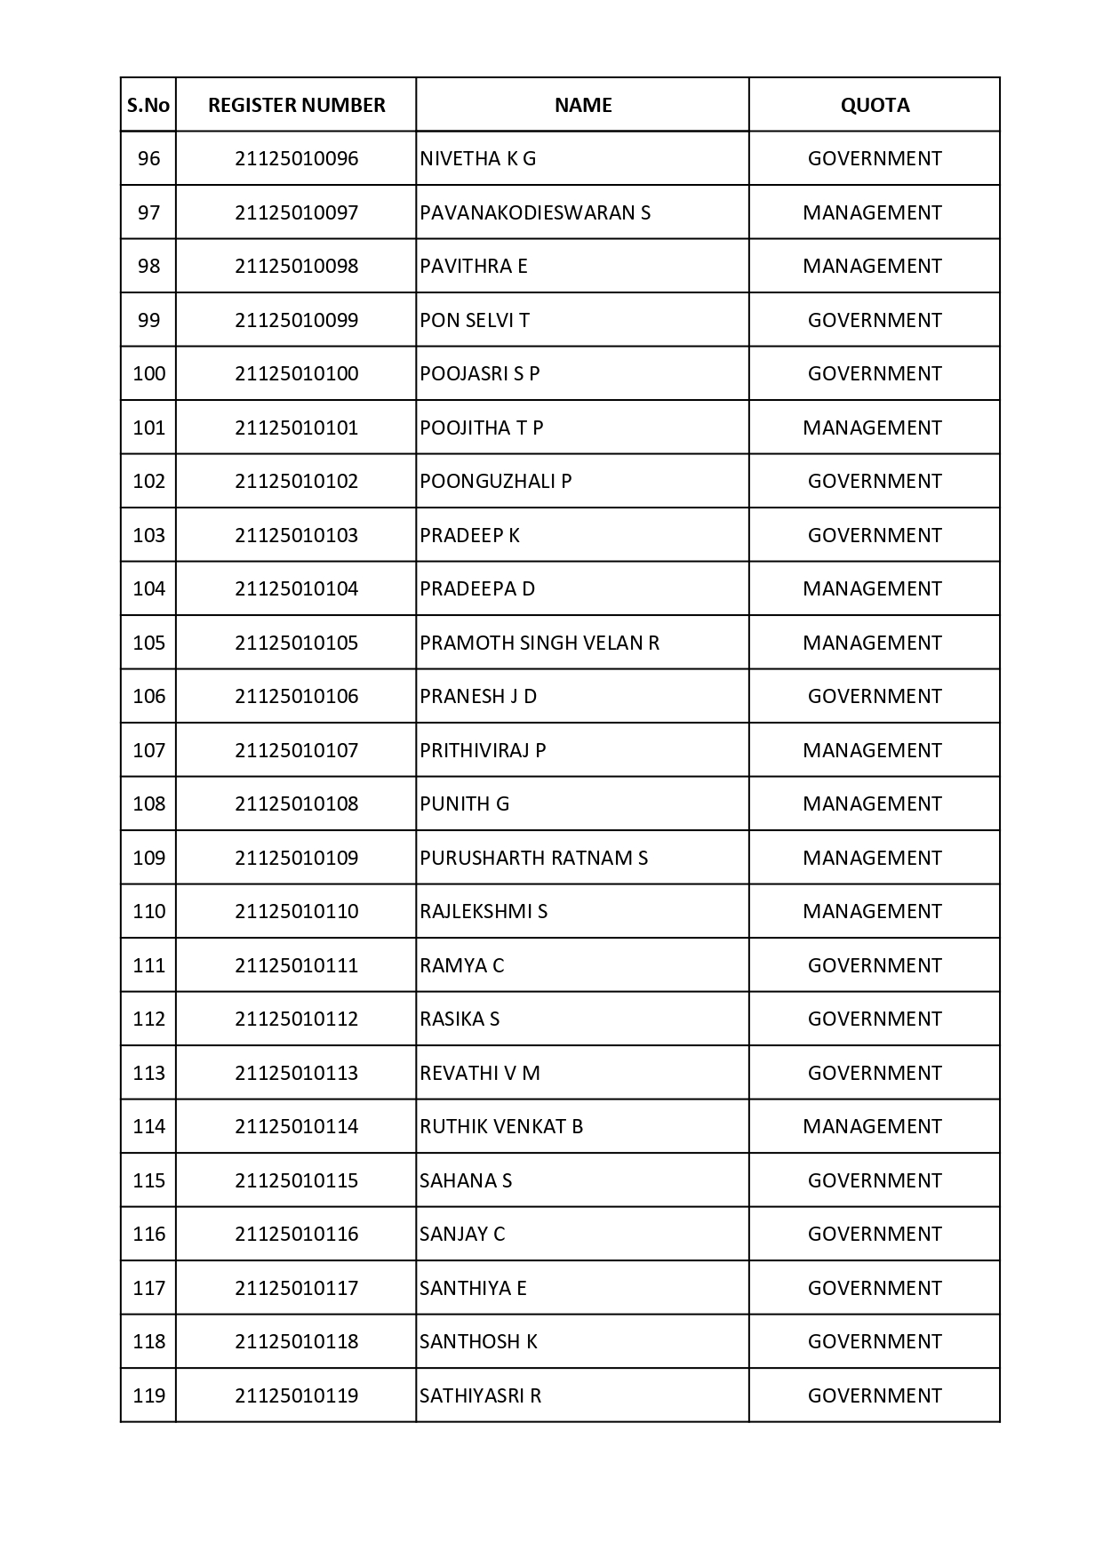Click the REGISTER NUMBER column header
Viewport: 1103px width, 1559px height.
click(x=296, y=105)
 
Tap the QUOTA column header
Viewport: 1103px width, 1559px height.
click(x=875, y=105)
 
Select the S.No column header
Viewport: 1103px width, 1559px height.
click(x=148, y=105)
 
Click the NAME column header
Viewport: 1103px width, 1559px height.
click(x=583, y=105)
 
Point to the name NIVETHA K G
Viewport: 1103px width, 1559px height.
click(x=478, y=158)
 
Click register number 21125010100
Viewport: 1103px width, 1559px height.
click(x=296, y=373)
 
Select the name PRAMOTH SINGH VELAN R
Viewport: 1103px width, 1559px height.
click(x=540, y=643)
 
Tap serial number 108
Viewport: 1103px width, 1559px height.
click(x=148, y=803)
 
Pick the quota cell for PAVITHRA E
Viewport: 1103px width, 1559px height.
click(x=872, y=266)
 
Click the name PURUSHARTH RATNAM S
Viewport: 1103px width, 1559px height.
click(x=533, y=858)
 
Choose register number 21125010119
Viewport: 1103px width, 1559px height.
click(x=296, y=1395)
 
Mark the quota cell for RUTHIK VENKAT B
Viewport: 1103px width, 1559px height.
click(x=872, y=1126)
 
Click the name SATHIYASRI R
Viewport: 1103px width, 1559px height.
click(x=480, y=1395)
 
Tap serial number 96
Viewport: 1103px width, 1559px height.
click(x=148, y=158)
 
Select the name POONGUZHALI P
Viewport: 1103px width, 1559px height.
click(x=495, y=481)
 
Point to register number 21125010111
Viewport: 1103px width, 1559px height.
click(x=296, y=965)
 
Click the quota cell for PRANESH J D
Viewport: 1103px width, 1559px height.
click(x=875, y=696)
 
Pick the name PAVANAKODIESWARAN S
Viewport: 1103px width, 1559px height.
click(x=535, y=212)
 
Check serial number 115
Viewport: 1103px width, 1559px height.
click(x=148, y=1180)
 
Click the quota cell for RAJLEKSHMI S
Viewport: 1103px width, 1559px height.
click(x=872, y=911)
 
